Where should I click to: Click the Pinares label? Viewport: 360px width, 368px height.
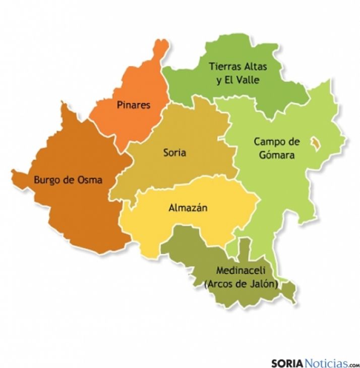pyautogui.click(x=133, y=105)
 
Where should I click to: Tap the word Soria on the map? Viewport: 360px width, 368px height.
pyautogui.click(x=175, y=152)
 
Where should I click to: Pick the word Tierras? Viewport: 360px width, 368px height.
pyautogui.click(x=224, y=67)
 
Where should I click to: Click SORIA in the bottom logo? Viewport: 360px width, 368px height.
pyautogui.click(x=289, y=363)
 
